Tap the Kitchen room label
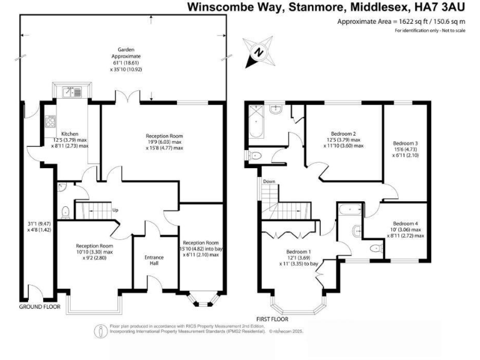click(x=69, y=134)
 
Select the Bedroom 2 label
click(x=342, y=133)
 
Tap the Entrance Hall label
click(x=155, y=260)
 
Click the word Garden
click(x=127, y=49)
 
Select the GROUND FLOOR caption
click(x=39, y=307)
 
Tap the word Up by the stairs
click(x=115, y=209)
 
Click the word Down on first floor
click(x=269, y=182)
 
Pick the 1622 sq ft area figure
click(x=407, y=22)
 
